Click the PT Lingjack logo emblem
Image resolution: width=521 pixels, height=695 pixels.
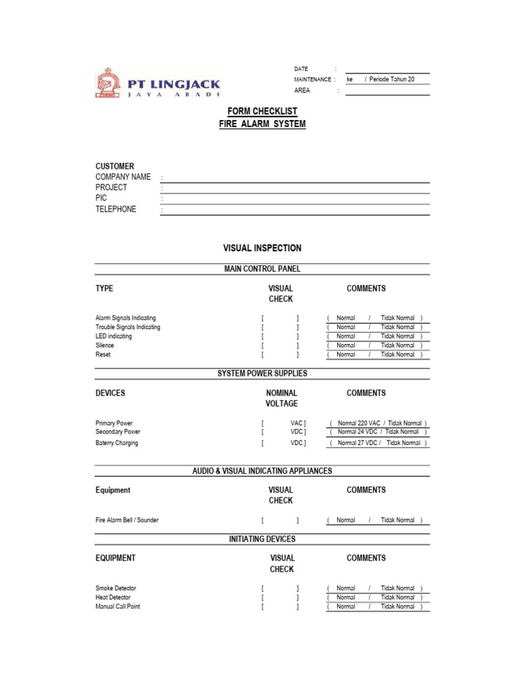(x=109, y=84)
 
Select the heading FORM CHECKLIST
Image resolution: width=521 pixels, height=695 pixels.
(x=262, y=111)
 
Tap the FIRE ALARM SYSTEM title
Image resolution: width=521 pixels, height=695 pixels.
(x=262, y=124)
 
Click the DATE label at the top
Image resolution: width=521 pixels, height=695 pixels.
(x=301, y=69)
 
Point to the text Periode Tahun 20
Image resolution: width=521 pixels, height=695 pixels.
(x=391, y=79)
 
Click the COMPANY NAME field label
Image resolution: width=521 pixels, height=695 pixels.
(x=123, y=177)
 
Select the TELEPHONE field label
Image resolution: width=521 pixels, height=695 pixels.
(x=116, y=209)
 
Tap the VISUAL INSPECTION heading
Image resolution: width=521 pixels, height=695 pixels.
(x=262, y=248)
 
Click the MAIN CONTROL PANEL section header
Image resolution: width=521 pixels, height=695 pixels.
(x=262, y=269)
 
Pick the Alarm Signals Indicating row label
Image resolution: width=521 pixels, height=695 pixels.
(x=126, y=318)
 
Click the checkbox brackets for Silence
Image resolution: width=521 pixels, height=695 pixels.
(x=279, y=345)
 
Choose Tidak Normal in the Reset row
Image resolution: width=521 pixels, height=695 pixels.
(x=398, y=354)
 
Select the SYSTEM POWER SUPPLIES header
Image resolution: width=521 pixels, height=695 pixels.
(x=262, y=373)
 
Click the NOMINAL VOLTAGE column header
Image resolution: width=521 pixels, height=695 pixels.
(x=282, y=398)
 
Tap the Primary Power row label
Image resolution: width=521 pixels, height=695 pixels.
(x=114, y=423)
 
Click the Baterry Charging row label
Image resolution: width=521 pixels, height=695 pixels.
(x=117, y=443)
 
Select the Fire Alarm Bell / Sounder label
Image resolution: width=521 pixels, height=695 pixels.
(x=128, y=521)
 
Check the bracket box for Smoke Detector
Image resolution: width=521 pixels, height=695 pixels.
(x=279, y=588)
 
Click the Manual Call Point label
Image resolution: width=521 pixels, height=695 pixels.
(x=118, y=607)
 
